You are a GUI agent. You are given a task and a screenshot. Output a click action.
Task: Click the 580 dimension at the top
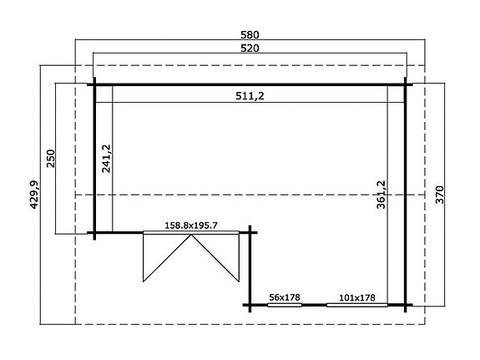[x=250, y=35]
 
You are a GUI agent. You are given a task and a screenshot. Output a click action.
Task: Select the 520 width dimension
[x=250, y=49]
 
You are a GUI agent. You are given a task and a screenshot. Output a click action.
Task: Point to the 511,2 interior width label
[x=250, y=97]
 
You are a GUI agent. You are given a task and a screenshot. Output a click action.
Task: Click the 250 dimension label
[x=51, y=159]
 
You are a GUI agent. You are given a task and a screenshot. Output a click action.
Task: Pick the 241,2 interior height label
[x=106, y=157]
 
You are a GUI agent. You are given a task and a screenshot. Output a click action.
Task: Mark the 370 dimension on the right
[x=439, y=195]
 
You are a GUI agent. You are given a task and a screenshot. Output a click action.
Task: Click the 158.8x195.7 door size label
[x=179, y=225]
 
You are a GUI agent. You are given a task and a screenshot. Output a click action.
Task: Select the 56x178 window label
[x=285, y=297]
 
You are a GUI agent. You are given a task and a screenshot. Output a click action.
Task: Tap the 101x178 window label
[x=356, y=297]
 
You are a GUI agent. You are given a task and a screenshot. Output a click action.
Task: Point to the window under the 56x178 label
[x=285, y=305]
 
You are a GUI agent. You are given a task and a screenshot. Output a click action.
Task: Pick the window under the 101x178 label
[x=356, y=305]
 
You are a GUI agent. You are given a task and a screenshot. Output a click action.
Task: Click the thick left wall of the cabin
[x=94, y=159]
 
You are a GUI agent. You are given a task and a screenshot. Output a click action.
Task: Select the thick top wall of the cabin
[x=250, y=84]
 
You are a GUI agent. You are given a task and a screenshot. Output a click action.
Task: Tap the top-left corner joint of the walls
[x=94, y=84]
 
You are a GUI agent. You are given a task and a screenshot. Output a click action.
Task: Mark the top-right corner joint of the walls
[x=407, y=84]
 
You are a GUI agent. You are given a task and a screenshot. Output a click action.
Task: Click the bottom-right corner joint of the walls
[x=407, y=304]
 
